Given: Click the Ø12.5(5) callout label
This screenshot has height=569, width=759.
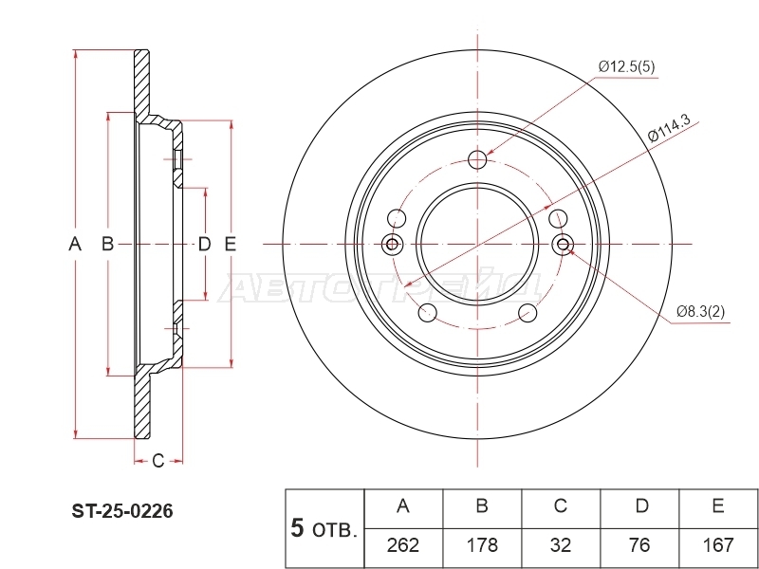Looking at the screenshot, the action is pyautogui.click(x=626, y=66).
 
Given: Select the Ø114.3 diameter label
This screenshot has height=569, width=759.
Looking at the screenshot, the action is pyautogui.click(x=669, y=129).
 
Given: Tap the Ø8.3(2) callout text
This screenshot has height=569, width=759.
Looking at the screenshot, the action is pyautogui.click(x=700, y=312).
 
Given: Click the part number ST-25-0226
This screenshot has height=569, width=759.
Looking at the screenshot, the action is pyautogui.click(x=122, y=511).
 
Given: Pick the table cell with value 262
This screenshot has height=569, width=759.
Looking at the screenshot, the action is pyautogui.click(x=403, y=545).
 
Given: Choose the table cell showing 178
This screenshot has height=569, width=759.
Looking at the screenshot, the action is pyautogui.click(x=482, y=545).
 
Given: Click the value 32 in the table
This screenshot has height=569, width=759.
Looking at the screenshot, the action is pyautogui.click(x=561, y=545).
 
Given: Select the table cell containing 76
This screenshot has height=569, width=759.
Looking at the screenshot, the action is pyautogui.click(x=639, y=545).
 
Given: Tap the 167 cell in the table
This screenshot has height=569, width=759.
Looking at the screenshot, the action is pyautogui.click(x=718, y=545).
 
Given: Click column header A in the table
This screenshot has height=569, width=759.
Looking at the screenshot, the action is pyautogui.click(x=403, y=506).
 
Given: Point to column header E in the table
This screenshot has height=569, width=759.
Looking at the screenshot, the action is pyautogui.click(x=718, y=506).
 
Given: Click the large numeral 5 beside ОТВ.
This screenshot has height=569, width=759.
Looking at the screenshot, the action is pyautogui.click(x=297, y=528).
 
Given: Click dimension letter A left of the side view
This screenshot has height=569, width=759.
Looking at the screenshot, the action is pyautogui.click(x=75, y=244).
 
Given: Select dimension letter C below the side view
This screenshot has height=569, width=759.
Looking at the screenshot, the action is pyautogui.click(x=158, y=461).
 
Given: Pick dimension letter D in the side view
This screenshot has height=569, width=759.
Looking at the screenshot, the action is pyautogui.click(x=205, y=245).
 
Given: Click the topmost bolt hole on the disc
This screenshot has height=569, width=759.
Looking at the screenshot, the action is pyautogui.click(x=477, y=159).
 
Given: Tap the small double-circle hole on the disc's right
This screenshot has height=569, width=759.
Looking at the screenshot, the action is pyautogui.click(x=563, y=244).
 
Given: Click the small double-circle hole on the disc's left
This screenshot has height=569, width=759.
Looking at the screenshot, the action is pyautogui.click(x=392, y=244).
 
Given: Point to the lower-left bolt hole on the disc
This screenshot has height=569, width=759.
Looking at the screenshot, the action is pyautogui.click(x=428, y=313).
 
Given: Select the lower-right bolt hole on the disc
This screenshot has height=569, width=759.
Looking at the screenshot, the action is pyautogui.click(x=528, y=313).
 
